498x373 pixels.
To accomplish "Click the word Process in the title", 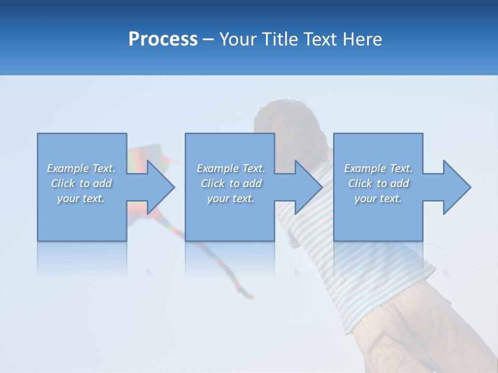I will [x=163, y=39].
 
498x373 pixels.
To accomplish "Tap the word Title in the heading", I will [x=283, y=39].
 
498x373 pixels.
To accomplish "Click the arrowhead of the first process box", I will [x=158, y=187].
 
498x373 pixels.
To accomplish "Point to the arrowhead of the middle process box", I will [x=307, y=187].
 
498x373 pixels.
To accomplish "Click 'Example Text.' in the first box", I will [x=81, y=168].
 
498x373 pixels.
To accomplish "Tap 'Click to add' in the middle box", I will [x=231, y=183].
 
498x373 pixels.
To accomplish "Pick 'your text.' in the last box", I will [x=378, y=198].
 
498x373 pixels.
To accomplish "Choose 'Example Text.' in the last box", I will [x=378, y=168].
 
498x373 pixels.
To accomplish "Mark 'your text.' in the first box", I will [x=81, y=198].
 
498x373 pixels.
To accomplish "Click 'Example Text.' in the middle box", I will [x=231, y=168].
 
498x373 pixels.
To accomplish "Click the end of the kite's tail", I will [x=251, y=297].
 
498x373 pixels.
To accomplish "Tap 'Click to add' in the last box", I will [x=378, y=183].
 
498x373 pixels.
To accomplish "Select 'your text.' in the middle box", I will [x=231, y=198].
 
